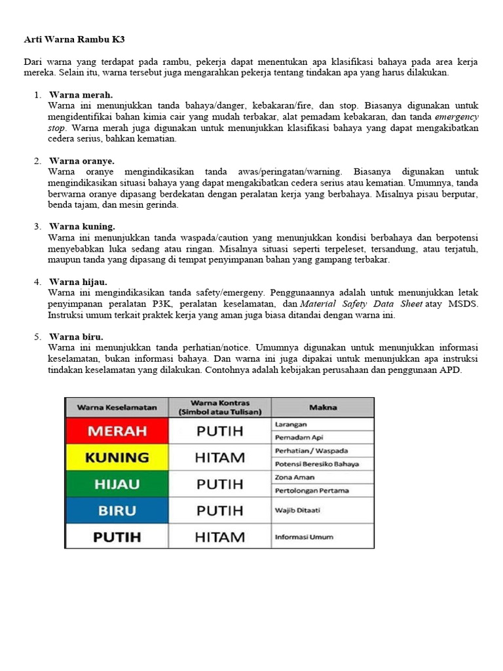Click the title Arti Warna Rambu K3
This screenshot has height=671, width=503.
[x=73, y=40]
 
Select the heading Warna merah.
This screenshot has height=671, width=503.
[x=81, y=95]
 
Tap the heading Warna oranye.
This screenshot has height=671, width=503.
[x=82, y=161]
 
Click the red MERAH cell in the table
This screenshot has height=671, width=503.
[x=117, y=431]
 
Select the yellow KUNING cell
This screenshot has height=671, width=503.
[x=117, y=457]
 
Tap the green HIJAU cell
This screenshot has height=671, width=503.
[x=117, y=484]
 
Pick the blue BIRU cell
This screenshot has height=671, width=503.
[x=117, y=510]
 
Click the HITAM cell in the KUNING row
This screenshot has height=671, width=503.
[x=219, y=457]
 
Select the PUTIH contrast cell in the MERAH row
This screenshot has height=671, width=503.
[x=219, y=431]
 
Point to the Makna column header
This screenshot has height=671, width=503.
[x=323, y=407]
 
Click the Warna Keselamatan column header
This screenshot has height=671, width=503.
[x=117, y=407]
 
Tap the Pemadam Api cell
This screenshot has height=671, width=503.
[x=299, y=438]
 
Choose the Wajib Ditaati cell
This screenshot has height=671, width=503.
[x=298, y=510]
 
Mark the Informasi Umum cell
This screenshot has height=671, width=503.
[x=303, y=537]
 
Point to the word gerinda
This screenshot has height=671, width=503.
[x=164, y=205]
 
